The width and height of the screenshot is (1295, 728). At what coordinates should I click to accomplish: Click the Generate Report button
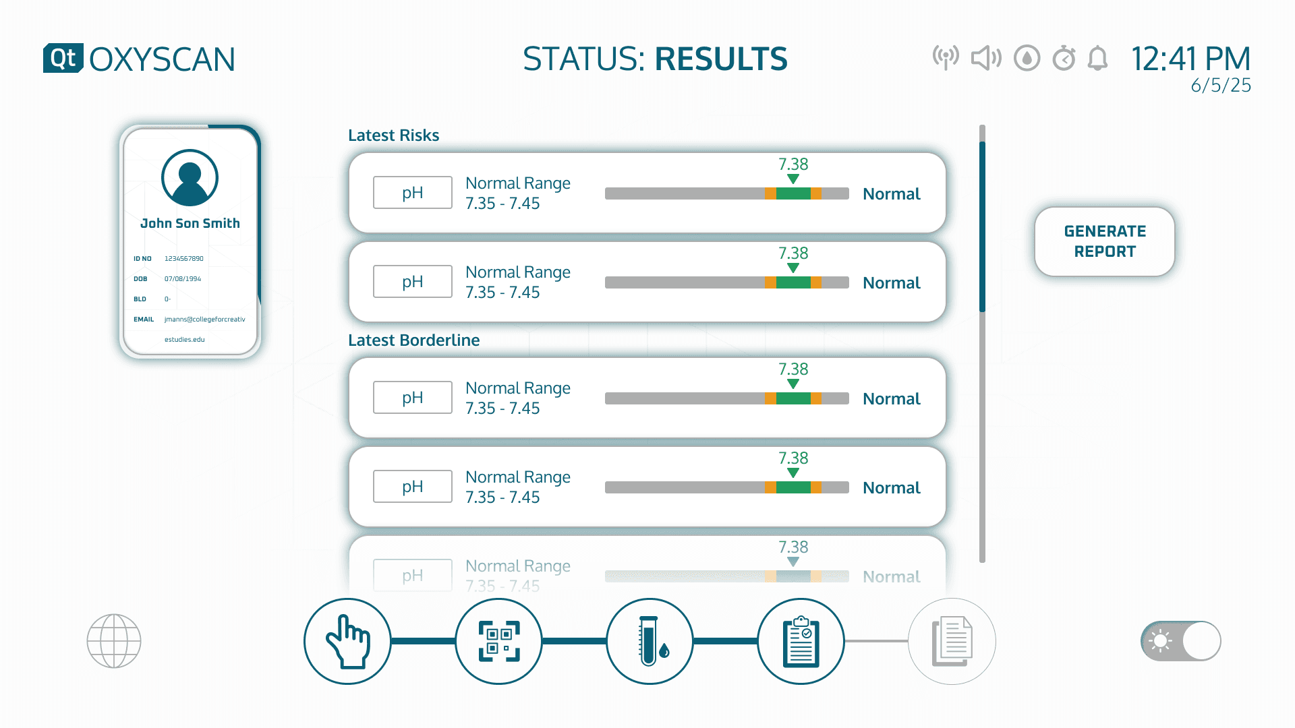click(x=1105, y=241)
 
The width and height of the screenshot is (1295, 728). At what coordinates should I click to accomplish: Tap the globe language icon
click(x=114, y=640)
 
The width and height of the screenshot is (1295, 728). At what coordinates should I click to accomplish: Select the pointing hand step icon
click(x=347, y=641)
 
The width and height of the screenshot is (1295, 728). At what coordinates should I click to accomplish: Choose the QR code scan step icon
click(x=498, y=641)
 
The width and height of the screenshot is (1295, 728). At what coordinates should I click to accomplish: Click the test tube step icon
click(x=650, y=641)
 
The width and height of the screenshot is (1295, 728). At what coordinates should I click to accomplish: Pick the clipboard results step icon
click(x=801, y=641)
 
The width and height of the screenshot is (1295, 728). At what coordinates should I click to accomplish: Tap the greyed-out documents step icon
click(x=952, y=641)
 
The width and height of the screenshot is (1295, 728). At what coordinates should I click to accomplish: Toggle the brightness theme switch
click(x=1181, y=640)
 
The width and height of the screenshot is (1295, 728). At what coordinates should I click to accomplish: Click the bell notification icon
click(x=1097, y=59)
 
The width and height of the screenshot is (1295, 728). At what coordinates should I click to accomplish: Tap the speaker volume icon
click(x=986, y=59)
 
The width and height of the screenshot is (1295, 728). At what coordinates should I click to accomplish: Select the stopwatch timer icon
click(x=1064, y=59)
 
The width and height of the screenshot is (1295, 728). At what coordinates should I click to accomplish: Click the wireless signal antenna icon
click(x=946, y=58)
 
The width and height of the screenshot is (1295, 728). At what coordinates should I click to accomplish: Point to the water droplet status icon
click(x=1027, y=59)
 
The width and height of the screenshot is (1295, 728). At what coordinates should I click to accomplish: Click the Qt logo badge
click(x=63, y=58)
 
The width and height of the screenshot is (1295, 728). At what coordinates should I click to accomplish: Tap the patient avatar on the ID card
click(x=190, y=178)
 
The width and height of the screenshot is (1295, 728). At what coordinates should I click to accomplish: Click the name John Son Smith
click(x=190, y=223)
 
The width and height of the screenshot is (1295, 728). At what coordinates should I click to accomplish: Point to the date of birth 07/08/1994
click(x=183, y=279)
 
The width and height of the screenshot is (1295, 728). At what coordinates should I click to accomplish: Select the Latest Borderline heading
click(x=413, y=340)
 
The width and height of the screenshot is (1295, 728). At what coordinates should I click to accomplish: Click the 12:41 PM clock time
click(x=1190, y=59)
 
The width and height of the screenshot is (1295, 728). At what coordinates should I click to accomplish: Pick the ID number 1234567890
click(x=183, y=259)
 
